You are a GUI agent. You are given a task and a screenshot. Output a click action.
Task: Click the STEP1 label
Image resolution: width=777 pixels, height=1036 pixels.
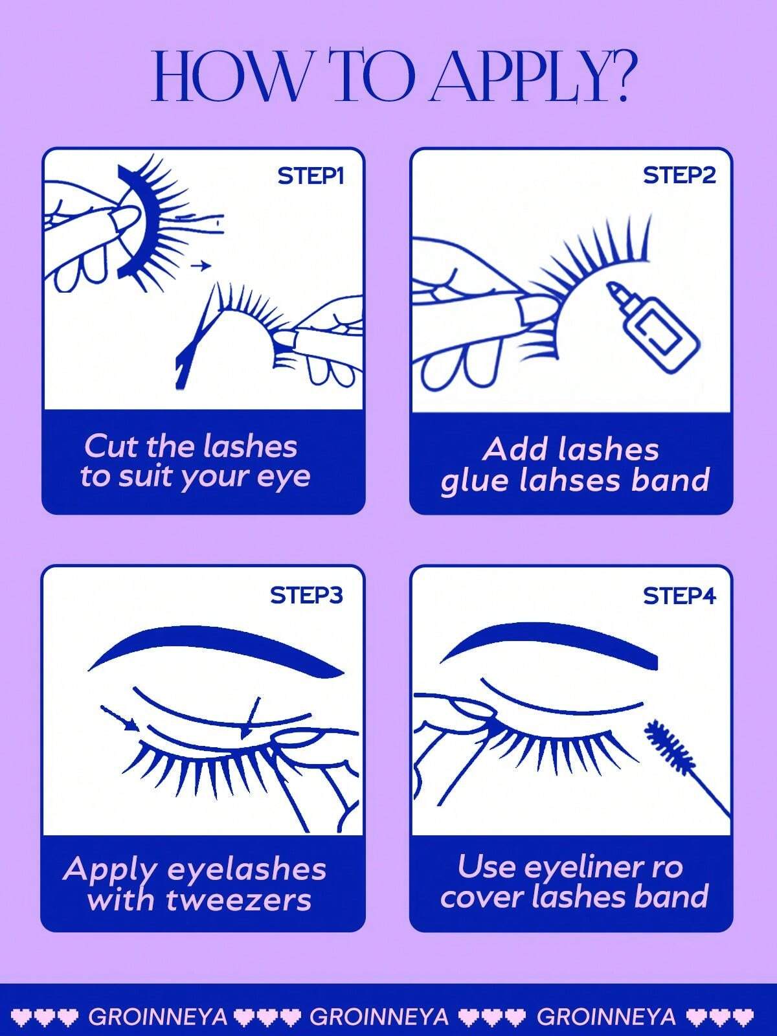[x=311, y=177]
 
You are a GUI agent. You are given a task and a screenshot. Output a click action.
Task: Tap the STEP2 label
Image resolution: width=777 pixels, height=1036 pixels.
[x=679, y=175]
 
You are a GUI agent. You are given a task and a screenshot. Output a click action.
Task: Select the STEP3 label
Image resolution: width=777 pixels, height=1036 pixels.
[x=307, y=596]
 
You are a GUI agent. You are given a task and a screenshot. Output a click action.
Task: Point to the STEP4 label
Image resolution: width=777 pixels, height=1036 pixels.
[x=679, y=596]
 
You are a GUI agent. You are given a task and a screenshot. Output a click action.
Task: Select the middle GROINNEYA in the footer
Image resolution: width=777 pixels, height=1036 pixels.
[x=379, y=1016]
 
